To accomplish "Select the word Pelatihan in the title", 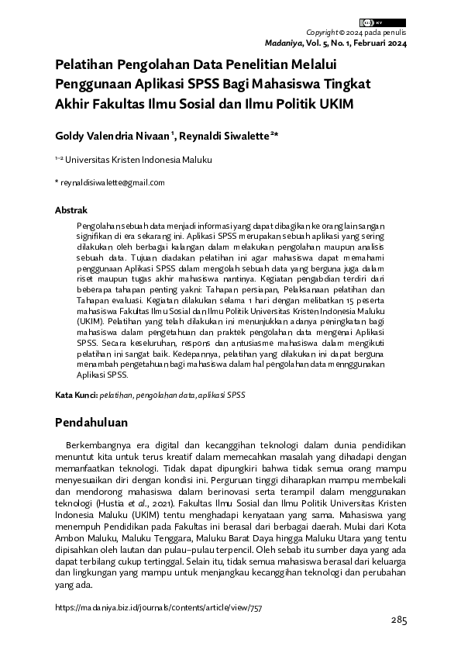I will [82, 66].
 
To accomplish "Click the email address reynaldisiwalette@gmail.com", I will [112, 183].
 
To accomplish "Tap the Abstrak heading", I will [71, 210].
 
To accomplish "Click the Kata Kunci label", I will [75, 394].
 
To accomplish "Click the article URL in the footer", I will [159, 609].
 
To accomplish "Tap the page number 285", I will [398, 621].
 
